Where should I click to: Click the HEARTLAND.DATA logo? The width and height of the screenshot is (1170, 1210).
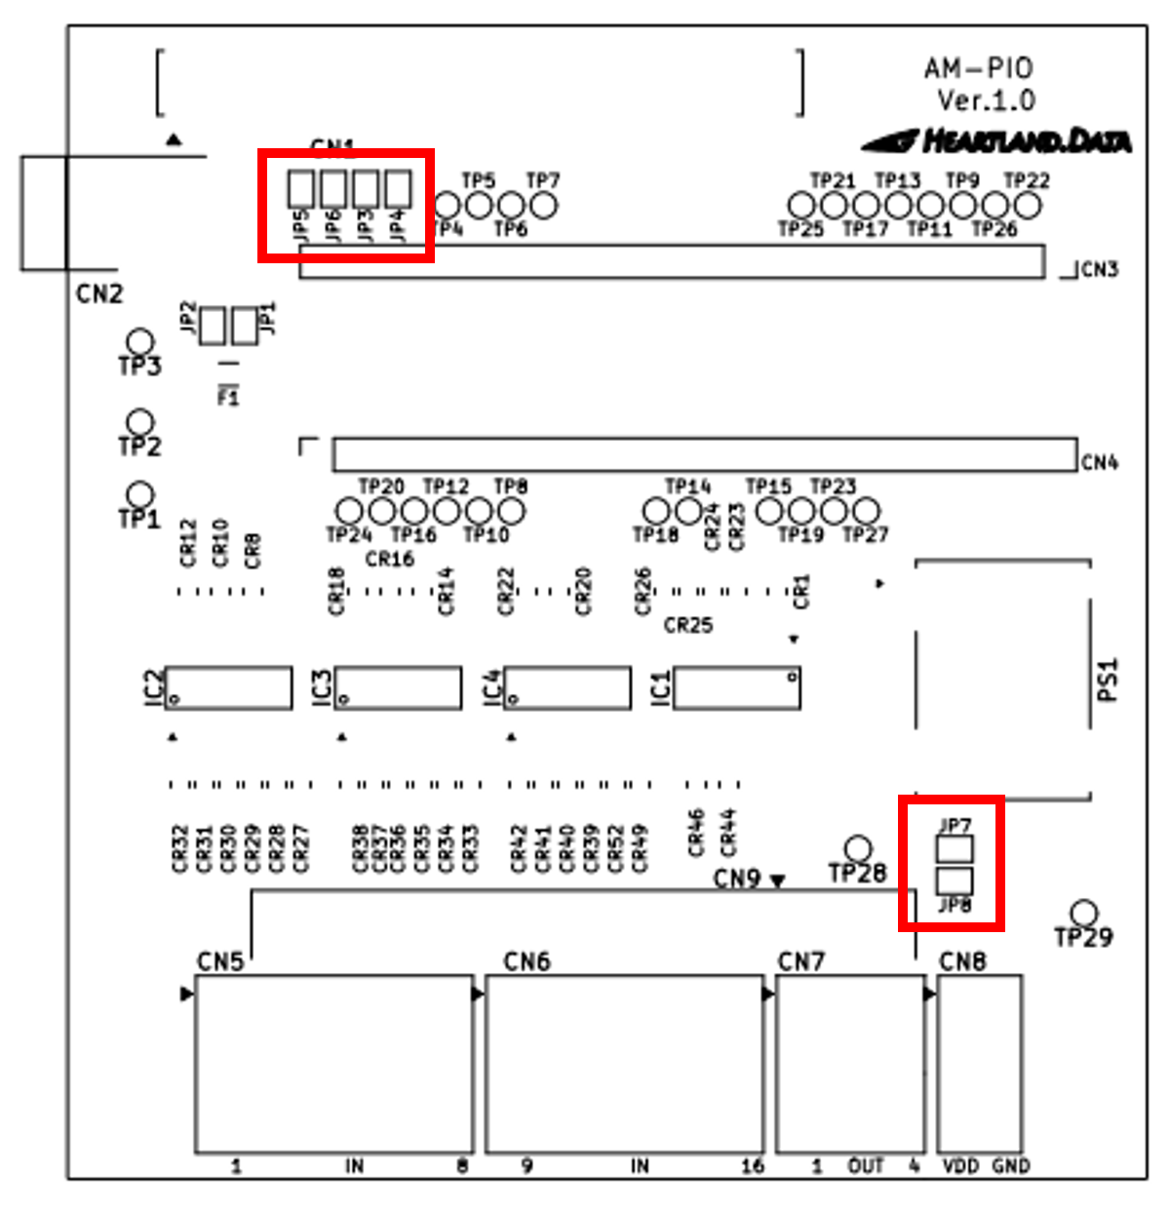point(996,141)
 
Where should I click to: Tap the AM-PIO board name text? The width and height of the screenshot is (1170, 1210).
point(978,68)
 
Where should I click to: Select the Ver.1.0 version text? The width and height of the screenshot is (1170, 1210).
point(986,99)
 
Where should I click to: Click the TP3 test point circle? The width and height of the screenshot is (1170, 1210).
point(141,342)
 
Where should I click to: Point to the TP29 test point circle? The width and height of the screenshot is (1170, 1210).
point(1083,913)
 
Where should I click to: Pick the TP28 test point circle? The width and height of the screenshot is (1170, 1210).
point(858,847)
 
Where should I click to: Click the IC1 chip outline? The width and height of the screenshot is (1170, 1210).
point(737,687)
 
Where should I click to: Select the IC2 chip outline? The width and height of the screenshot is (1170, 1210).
point(228,687)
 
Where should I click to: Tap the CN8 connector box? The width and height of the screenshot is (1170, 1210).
point(979,1063)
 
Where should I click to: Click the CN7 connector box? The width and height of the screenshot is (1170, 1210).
point(849,1063)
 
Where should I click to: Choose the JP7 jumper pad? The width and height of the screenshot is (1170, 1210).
point(955,848)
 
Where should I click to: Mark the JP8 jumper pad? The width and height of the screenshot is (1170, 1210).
point(955,880)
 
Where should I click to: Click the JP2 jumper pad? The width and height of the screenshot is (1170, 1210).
point(213,326)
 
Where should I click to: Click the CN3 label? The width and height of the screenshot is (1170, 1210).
point(1100,269)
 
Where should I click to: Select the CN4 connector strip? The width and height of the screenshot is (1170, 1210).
point(705,455)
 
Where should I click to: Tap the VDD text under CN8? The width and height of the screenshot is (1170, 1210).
point(961,1166)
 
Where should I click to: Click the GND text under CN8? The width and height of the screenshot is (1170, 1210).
point(1011,1166)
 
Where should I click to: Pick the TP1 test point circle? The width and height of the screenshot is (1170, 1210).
point(141,493)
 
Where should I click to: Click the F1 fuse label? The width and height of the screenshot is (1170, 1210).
point(228,397)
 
